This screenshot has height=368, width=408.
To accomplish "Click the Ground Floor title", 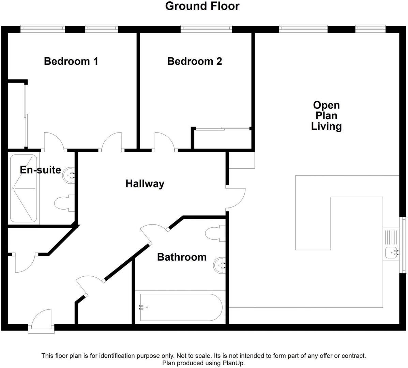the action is [202, 6].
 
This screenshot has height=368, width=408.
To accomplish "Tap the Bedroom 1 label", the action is [71, 61].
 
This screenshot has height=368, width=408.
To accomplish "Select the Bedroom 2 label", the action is [194, 61].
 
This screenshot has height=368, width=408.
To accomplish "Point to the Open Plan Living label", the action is [326, 116].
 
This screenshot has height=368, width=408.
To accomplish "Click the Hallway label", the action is [145, 184].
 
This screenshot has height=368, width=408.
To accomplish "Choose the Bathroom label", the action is [182, 257].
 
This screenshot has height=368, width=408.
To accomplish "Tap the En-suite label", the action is [40, 170].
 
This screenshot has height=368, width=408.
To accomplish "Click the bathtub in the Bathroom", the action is [179, 307].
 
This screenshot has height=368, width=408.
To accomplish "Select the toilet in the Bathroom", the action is [215, 234].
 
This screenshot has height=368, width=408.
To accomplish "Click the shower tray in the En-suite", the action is [24, 188].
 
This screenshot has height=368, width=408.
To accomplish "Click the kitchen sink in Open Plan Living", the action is [391, 253].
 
